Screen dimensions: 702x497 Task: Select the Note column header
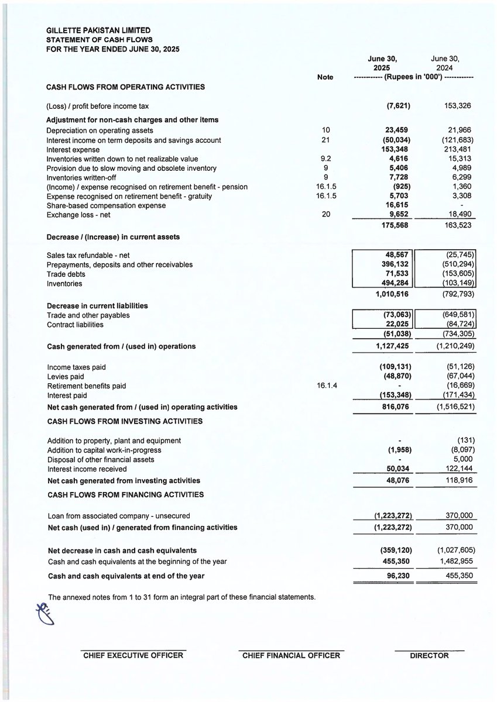pos(324,77)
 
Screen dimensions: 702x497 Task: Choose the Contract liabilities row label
pos(75,325)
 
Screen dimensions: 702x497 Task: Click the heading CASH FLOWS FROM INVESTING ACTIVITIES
pos(125,421)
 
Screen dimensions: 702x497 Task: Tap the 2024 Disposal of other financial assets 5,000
pos(462,459)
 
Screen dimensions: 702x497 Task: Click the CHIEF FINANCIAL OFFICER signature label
pos(291,656)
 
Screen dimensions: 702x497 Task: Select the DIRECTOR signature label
pos(429,656)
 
